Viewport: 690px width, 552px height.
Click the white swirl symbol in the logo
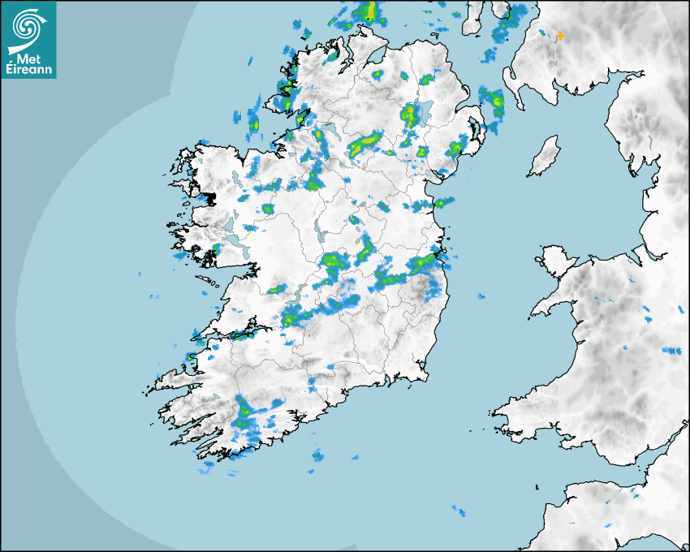coord(28,26)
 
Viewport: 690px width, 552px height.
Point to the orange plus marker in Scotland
coord(559,36)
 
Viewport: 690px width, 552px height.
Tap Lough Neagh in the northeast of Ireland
coord(424,114)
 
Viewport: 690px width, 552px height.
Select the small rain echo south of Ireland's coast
coord(317,455)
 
